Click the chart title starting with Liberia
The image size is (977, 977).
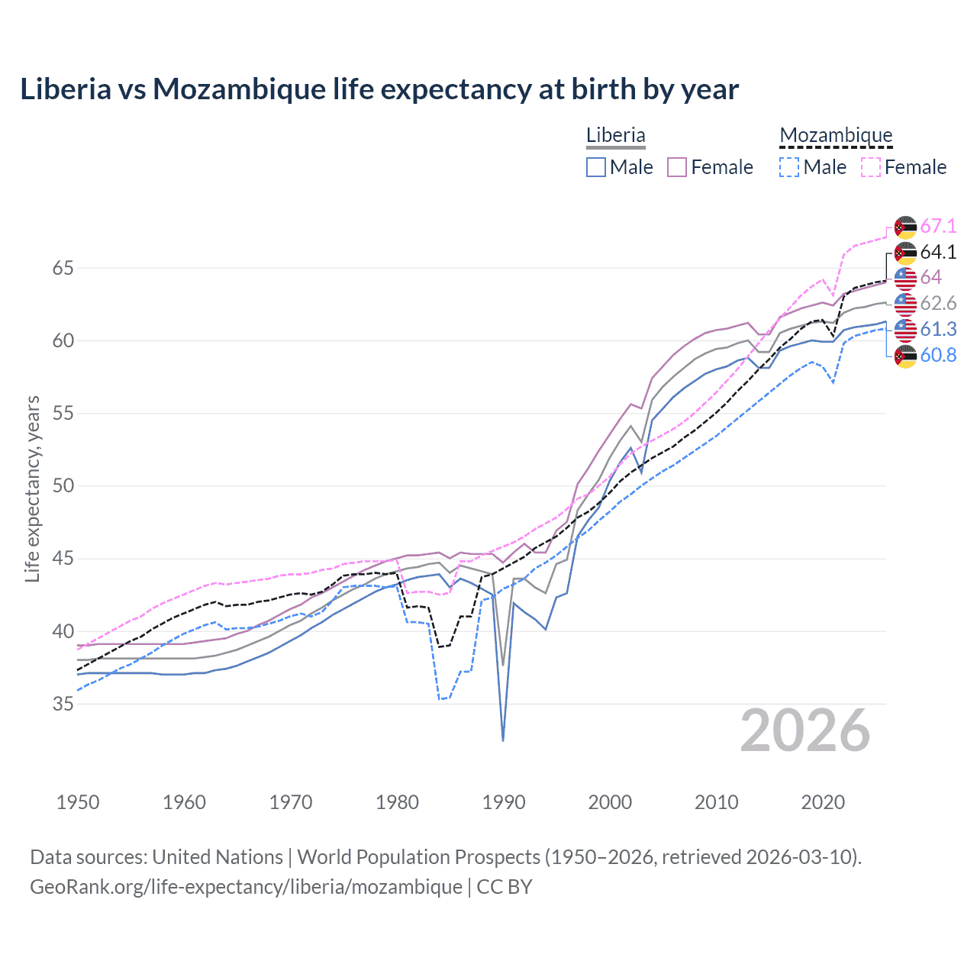[379, 89]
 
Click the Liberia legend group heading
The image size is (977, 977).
[615, 135]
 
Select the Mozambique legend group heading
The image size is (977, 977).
[836, 135]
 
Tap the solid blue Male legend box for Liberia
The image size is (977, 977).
[596, 167]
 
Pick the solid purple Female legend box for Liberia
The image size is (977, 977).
[677, 167]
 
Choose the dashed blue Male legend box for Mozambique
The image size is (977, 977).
[789, 167]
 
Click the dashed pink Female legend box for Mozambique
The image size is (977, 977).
[871, 167]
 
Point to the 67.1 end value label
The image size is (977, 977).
[938, 226]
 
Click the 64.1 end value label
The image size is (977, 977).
[938, 252]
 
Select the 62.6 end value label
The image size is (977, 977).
[938, 303]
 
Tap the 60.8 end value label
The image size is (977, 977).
[938, 355]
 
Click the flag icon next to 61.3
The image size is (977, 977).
[905, 330]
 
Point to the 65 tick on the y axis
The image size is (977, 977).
[63, 268]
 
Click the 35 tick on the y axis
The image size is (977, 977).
[63, 704]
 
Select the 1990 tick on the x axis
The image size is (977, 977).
[504, 802]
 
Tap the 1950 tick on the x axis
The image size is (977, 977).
[78, 802]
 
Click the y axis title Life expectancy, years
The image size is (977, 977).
[32, 488]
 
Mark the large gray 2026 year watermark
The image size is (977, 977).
[805, 730]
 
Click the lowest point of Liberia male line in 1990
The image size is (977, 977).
[503, 740]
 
